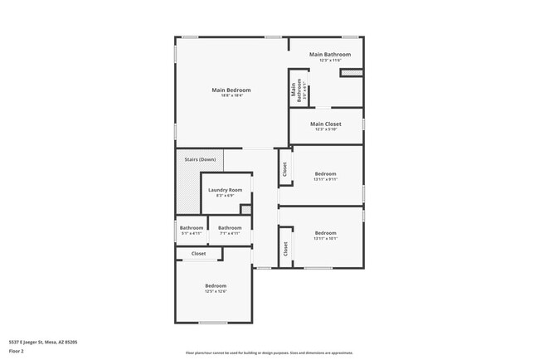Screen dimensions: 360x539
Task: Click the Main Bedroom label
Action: point(231,90)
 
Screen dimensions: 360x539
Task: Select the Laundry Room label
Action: point(225,190)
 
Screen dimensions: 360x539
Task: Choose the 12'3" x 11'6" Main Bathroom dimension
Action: point(330,61)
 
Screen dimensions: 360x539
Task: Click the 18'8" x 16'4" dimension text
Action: point(231,95)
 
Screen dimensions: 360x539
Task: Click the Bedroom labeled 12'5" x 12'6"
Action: point(216,285)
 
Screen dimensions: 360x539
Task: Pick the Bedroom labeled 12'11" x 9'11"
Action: point(325,173)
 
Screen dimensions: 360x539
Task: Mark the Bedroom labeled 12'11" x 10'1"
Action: point(325,233)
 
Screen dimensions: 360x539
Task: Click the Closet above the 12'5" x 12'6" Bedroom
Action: point(199,254)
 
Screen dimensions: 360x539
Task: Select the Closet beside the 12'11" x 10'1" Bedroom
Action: point(284,248)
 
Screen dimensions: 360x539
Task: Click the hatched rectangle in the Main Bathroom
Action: point(352,73)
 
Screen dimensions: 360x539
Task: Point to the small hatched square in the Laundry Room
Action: point(245,209)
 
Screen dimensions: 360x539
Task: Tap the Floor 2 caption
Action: point(17,350)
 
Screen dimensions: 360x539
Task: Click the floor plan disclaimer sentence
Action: point(269,352)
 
